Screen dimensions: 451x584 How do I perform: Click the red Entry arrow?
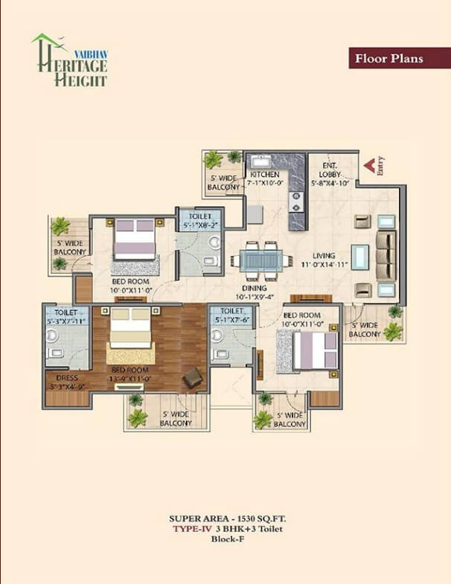tap(369, 166)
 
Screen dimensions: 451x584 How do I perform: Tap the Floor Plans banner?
tap(400, 58)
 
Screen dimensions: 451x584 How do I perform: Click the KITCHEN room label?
tap(265, 174)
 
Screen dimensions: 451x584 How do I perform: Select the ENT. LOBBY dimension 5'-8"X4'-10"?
tap(330, 183)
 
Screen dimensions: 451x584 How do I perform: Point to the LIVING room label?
tap(324, 255)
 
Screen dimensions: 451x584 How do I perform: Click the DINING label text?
tap(255, 288)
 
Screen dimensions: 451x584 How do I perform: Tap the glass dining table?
tap(260, 260)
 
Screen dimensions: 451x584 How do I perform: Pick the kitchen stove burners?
tap(296, 202)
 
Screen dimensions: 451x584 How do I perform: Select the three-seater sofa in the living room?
tap(386, 256)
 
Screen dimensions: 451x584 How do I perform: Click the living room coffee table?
tap(360, 257)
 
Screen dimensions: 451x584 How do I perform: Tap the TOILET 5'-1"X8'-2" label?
tap(200, 220)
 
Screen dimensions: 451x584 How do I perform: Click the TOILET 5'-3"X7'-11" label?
tap(66, 317)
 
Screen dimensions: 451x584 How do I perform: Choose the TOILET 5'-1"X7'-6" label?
tap(232, 315)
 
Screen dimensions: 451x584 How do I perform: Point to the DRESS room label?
tap(67, 378)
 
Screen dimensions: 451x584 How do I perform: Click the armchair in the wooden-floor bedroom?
tap(193, 378)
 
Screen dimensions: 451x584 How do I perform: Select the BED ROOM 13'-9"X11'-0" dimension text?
tap(130, 379)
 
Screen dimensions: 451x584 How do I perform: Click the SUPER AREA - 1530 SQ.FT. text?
tap(228, 519)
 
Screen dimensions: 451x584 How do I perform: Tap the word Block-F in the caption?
tap(228, 539)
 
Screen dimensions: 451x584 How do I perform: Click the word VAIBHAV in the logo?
tap(91, 54)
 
